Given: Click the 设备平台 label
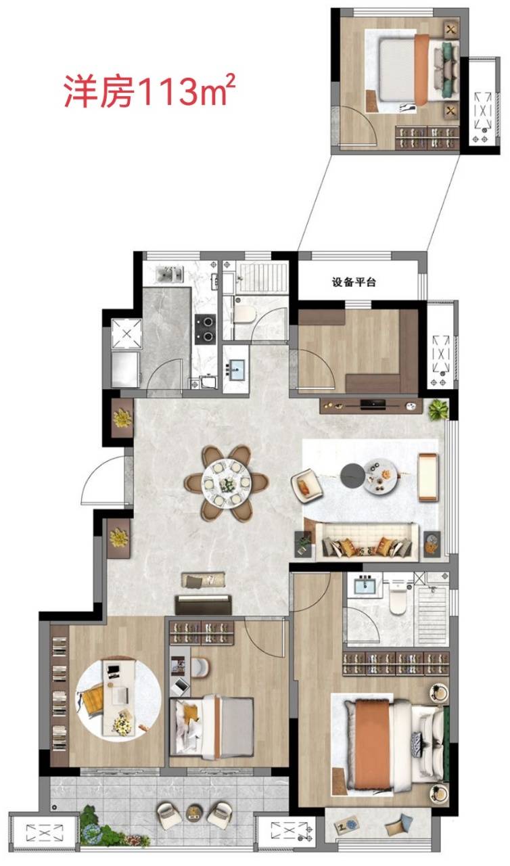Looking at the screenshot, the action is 354,282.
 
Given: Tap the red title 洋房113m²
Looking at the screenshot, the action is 149,91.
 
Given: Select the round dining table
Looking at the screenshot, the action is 226,482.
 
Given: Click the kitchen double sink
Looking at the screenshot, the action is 170,274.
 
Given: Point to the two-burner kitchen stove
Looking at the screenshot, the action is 205,329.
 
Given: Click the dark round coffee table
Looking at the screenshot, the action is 352,475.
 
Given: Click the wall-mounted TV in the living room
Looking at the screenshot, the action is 373,405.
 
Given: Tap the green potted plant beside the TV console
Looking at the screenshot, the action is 438,410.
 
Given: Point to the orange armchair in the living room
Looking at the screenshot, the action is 307,486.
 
